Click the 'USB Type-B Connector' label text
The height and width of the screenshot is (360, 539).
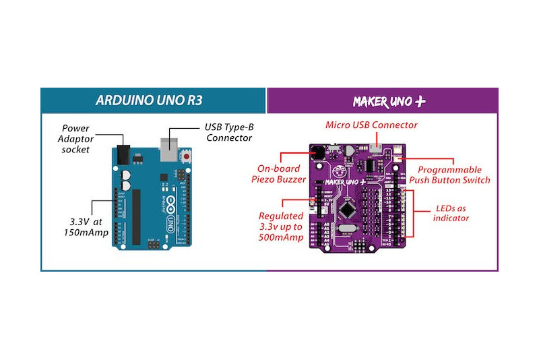(x=228, y=132)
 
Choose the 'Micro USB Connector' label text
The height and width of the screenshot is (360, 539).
(x=371, y=125)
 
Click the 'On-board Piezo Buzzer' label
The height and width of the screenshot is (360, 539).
(x=282, y=174)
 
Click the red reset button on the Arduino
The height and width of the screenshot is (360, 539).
(x=185, y=157)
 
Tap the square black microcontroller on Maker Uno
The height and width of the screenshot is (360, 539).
(x=346, y=210)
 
